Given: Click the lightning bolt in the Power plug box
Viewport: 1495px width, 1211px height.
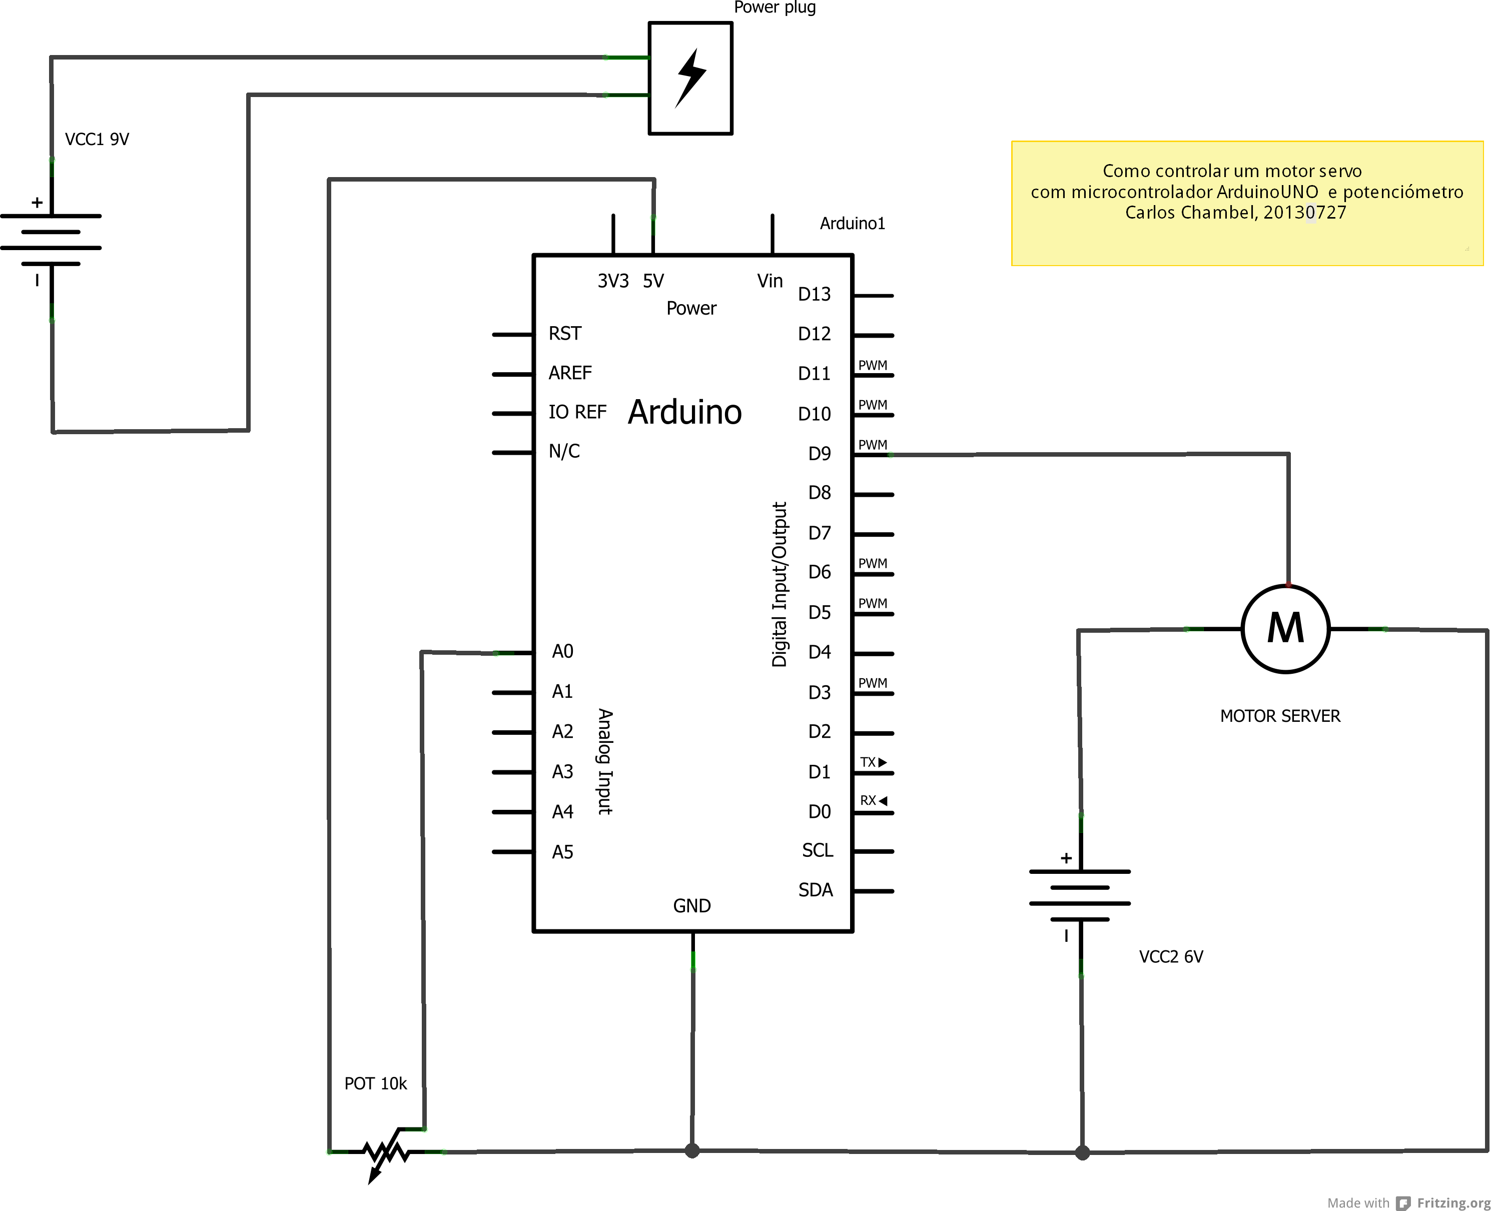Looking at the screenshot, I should (x=690, y=78).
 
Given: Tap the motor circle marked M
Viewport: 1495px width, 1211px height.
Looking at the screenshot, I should (x=1286, y=629).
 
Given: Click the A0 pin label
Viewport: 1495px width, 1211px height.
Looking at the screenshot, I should (x=562, y=652).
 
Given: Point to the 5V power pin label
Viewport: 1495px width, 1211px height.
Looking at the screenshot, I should (x=653, y=281).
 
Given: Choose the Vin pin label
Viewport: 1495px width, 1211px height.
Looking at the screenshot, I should (x=770, y=281).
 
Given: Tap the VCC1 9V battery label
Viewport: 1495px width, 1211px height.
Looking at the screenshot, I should (x=97, y=140).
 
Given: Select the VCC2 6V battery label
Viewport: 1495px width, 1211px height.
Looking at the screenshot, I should (x=1171, y=956).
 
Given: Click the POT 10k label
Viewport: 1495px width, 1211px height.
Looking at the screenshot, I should (x=375, y=1083).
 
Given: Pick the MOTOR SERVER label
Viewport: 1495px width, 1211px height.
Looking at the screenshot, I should (x=1280, y=716).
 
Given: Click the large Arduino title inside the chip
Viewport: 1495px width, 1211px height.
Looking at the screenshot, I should (x=684, y=412).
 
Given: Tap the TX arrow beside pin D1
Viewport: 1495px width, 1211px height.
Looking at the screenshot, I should (x=883, y=762).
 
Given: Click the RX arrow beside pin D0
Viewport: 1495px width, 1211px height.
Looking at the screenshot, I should (x=883, y=801).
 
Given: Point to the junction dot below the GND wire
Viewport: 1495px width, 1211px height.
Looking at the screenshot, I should (x=692, y=1151).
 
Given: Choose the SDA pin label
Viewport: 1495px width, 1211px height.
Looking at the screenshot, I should (x=816, y=889).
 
